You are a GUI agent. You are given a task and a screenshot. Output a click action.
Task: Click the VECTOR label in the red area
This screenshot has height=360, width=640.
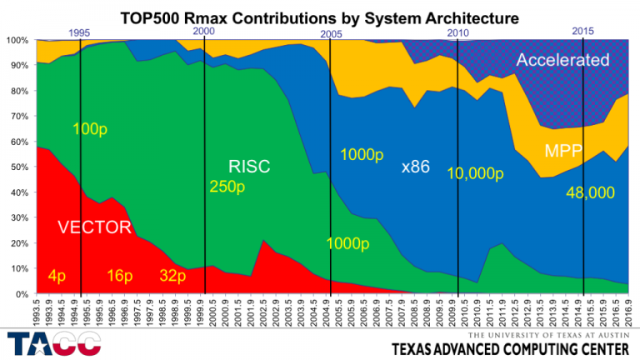[x=93, y=227]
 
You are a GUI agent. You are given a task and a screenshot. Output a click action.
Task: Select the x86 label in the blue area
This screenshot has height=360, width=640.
[x=417, y=167]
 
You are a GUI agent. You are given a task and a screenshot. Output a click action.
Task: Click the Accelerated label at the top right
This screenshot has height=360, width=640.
[x=562, y=61]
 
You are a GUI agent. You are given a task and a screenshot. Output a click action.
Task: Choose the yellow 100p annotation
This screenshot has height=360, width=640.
[x=90, y=129]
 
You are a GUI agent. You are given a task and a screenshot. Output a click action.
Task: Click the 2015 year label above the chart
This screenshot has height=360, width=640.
[x=582, y=31]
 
